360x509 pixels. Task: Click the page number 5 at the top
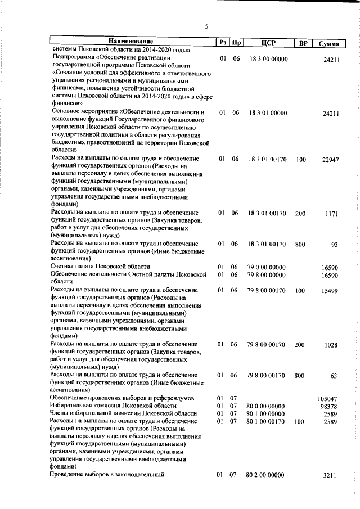click(206, 26)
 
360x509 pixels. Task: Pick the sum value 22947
click(330, 160)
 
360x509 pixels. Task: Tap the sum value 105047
click(328, 398)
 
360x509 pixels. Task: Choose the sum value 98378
click(330, 406)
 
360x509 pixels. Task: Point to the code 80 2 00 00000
click(266, 475)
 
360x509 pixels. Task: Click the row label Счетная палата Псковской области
click(100, 267)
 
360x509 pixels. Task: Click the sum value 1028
click(332, 345)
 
